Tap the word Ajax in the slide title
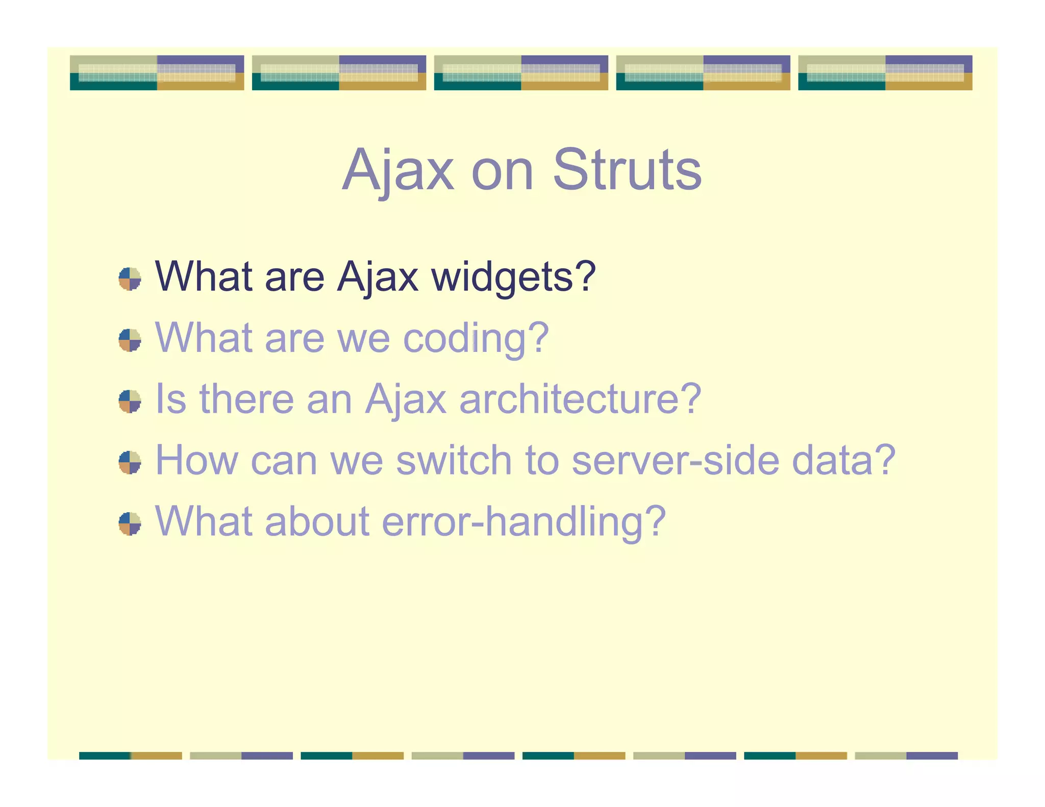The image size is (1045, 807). tap(397, 169)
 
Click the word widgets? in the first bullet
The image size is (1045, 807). tap(513, 277)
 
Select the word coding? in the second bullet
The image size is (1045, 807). tap(476, 338)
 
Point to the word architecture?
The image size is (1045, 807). tap(580, 399)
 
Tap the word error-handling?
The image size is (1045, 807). tap(524, 521)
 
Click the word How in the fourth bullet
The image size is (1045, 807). tap(196, 460)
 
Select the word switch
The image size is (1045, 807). tap(454, 460)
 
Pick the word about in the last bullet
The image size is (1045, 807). tap(317, 521)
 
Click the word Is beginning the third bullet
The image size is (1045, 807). tap(170, 399)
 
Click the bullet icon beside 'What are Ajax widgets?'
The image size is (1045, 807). tap(130, 279)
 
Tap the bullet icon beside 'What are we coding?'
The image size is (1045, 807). tap(130, 340)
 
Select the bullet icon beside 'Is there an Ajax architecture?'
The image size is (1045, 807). tap(130, 401)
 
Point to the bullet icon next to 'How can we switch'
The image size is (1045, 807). tap(130, 462)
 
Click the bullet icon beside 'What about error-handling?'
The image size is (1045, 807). tap(130, 524)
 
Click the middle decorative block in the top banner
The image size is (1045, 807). tap(521, 73)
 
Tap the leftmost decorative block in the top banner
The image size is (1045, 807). tap(157, 73)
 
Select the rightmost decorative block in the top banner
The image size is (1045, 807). tap(885, 73)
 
